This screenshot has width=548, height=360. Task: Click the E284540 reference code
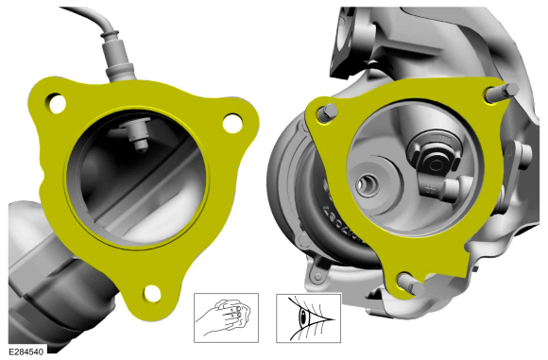[x=26, y=351]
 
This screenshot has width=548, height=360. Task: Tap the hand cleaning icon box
[x=226, y=317]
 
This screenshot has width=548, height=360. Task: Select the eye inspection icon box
[x=308, y=317]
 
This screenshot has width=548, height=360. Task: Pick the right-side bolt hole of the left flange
[x=232, y=123]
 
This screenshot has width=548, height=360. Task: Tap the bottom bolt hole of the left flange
[x=152, y=294]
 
